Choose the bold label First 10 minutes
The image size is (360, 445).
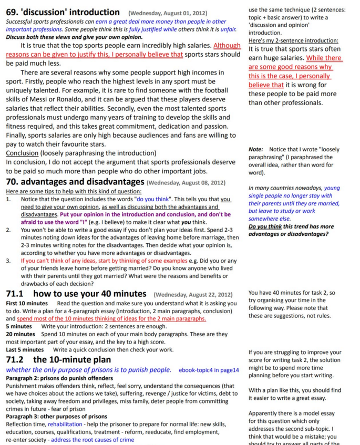tap(27, 304)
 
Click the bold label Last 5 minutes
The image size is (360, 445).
tap(25, 349)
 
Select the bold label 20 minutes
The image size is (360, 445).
tap(20, 334)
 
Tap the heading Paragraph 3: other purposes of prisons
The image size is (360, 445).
tap(56, 417)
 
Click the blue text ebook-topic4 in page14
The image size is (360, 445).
tap(209, 370)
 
